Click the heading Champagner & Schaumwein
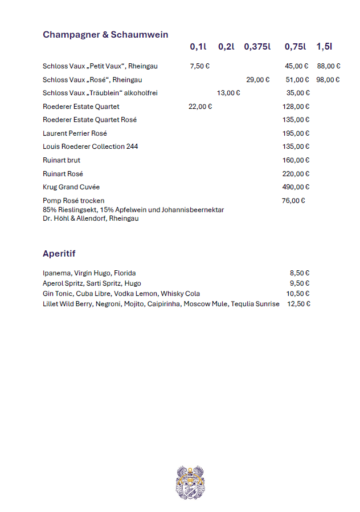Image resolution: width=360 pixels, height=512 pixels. [105, 35]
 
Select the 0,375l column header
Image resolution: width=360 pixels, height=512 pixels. [257, 47]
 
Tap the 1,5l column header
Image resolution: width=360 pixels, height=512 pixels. [324, 47]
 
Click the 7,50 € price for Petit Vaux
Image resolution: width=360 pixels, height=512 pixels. [200, 66]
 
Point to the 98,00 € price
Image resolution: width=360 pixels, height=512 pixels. [328, 80]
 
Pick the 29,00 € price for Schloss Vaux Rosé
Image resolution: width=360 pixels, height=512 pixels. [258, 80]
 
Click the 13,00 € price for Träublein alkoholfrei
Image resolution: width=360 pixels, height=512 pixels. [228, 93]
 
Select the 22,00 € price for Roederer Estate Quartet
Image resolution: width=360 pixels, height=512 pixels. [200, 107]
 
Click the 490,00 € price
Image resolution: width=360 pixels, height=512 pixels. [296, 187]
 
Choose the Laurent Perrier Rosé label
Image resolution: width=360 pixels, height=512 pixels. [71, 133]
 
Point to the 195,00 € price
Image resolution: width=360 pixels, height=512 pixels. [296, 133]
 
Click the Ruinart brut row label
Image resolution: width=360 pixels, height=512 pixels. [62, 160]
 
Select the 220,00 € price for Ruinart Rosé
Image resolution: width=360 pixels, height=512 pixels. [296, 174]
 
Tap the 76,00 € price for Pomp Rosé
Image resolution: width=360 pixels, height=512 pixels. [293, 201]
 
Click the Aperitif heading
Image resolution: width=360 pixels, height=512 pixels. [59, 254]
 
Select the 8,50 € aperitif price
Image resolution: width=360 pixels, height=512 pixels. [300, 273]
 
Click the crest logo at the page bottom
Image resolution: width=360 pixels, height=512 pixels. [190, 482]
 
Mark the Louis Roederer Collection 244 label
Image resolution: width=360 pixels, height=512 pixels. [90, 147]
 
